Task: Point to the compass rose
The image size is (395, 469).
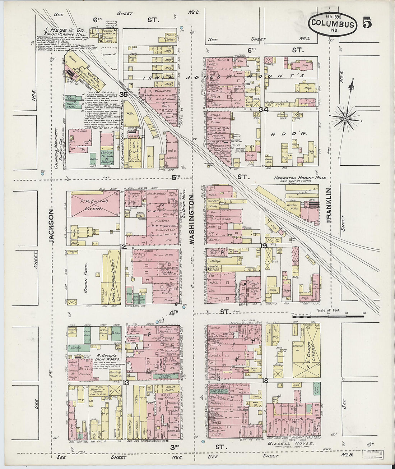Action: [x=345, y=118]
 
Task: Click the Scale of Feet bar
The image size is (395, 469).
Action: [x=329, y=316]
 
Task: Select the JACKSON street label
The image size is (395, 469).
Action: [x=52, y=227]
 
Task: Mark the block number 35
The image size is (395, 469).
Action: [x=124, y=95]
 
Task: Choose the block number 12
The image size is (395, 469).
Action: [x=123, y=247]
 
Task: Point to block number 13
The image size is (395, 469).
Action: [x=126, y=383]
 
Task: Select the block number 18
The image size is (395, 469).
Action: [x=265, y=381]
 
